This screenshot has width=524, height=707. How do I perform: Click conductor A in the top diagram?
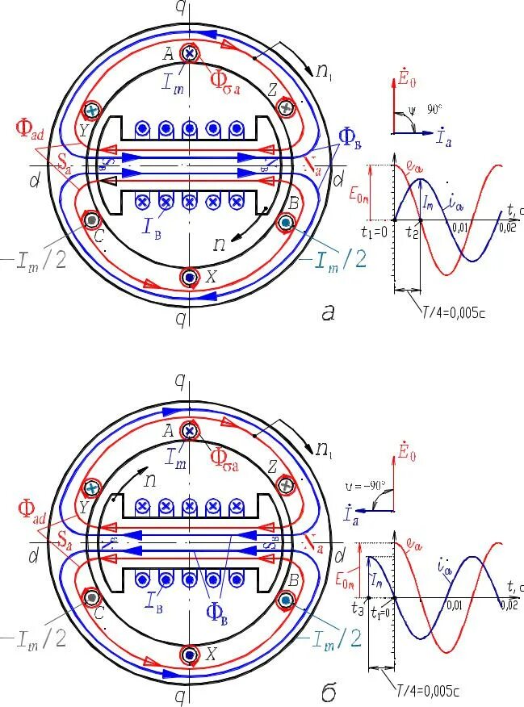191,54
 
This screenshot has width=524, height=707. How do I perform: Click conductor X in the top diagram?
189,277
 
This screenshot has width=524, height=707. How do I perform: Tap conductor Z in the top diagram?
285,107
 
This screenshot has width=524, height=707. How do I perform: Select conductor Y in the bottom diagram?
93,487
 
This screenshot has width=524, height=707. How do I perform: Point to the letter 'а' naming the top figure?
328,312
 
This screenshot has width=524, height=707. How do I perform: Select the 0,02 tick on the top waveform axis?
508,229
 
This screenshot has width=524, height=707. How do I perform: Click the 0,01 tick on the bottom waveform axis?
455,605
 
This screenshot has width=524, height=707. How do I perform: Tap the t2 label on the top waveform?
412,232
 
